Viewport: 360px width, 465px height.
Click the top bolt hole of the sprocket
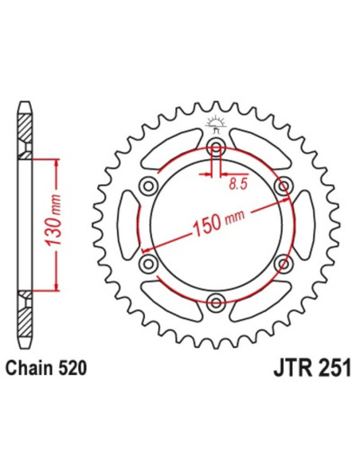pos(215,147)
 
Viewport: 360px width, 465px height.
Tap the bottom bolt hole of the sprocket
pos(215,300)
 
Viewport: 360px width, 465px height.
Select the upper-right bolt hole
pos(281,186)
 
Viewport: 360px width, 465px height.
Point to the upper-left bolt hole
pos(148,186)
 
